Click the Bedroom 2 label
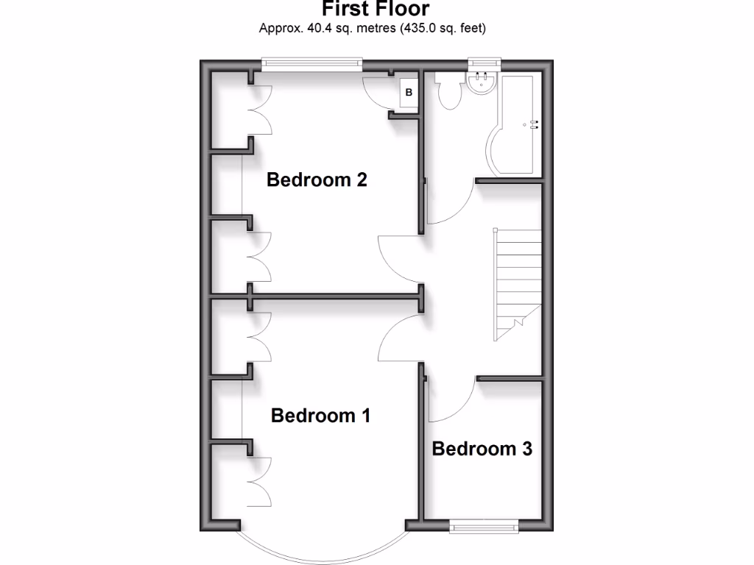pyautogui.click(x=317, y=180)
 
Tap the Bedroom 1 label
pyautogui.click(x=320, y=416)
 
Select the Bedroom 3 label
pyautogui.click(x=482, y=448)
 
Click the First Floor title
pyautogui.click(x=376, y=9)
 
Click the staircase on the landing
pyautogui.click(x=518, y=283)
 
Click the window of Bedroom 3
pyautogui.click(x=483, y=525)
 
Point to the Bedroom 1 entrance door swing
pyautogui.click(x=400, y=338)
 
